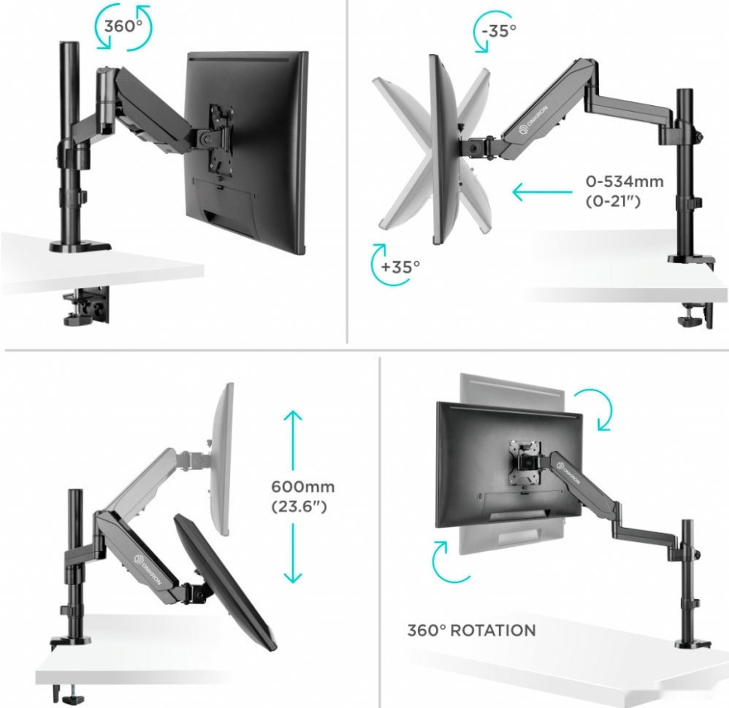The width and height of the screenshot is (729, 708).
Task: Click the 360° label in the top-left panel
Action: coord(123,26)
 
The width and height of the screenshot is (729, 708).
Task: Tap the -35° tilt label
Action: coord(499,31)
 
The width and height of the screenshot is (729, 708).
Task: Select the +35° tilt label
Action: coord(400,267)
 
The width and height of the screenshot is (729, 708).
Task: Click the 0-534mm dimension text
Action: coord(624,181)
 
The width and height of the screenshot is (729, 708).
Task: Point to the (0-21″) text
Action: coord(613,201)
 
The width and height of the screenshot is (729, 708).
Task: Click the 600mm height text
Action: coord(303,487)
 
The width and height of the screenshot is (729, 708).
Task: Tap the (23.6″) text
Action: coord(299,506)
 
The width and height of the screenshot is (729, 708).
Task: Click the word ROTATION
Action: coord(493,631)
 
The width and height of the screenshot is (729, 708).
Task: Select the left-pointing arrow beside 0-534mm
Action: coord(542,191)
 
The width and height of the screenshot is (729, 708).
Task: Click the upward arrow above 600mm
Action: coord(293,441)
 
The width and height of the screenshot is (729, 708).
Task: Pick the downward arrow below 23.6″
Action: coord(293,553)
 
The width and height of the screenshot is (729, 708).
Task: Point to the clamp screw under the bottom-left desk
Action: coord(71,695)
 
